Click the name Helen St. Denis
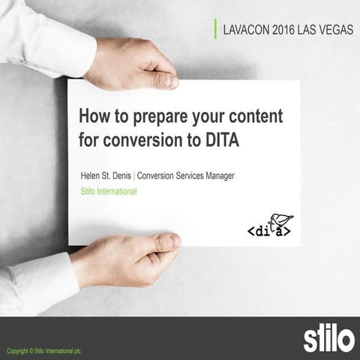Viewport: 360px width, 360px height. pos(106,175)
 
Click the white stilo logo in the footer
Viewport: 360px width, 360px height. pos(328,338)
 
